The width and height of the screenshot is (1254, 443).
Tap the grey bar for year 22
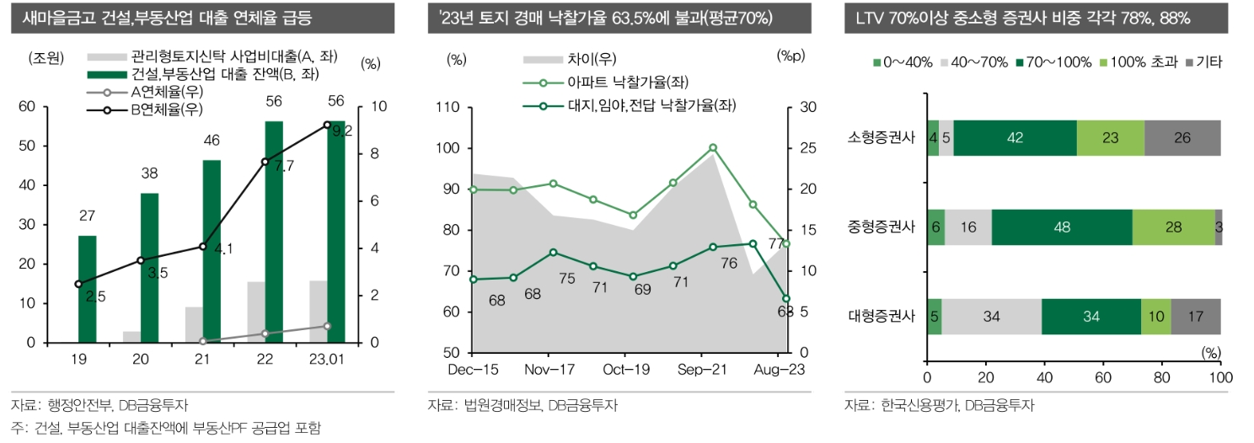click(x=256, y=312)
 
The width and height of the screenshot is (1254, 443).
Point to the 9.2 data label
click(x=341, y=131)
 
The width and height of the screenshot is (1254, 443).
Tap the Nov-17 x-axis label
click(x=550, y=370)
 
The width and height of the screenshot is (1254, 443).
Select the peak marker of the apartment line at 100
click(x=713, y=147)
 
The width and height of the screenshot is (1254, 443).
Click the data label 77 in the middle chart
click(x=775, y=244)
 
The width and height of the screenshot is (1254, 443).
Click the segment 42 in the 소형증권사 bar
click(x=1016, y=138)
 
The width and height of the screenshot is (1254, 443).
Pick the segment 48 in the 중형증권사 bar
click(x=1062, y=227)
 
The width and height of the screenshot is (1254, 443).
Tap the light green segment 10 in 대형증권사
click(x=1155, y=317)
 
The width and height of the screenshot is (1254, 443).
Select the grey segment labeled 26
click(x=1182, y=138)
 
